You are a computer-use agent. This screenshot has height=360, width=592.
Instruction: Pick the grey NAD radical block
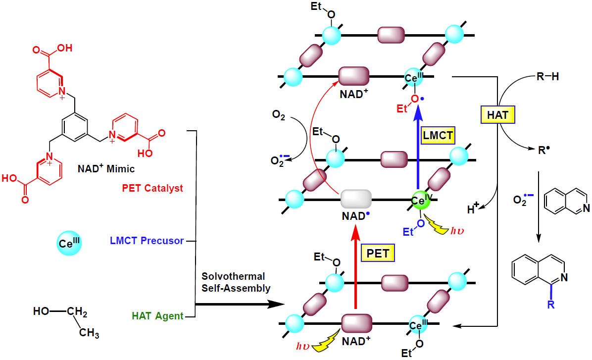click(x=356, y=199)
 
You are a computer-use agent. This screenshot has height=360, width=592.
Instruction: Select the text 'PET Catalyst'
click(x=152, y=188)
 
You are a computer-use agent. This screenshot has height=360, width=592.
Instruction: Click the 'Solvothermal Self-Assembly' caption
click(x=233, y=282)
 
